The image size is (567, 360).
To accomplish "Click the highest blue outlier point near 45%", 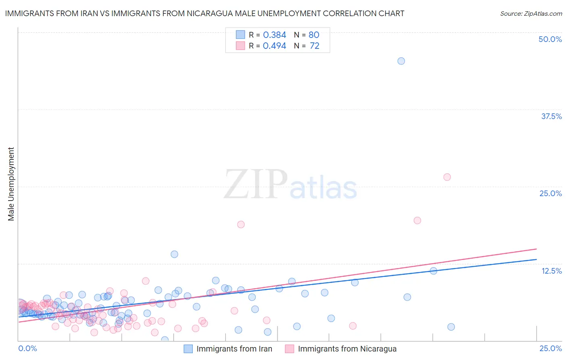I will (x=401, y=61).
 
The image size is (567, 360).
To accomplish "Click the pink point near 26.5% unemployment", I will (x=447, y=177).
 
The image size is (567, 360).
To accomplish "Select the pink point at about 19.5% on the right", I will (x=417, y=220).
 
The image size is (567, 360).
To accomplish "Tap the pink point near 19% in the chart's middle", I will (x=241, y=224).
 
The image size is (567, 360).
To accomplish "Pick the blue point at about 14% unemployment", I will (x=174, y=254).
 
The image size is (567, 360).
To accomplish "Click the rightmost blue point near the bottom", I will (x=451, y=327).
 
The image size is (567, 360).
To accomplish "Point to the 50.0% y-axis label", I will (x=550, y=39).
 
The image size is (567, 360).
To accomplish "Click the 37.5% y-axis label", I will (x=551, y=116).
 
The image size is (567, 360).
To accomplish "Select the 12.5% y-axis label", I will (x=551, y=271).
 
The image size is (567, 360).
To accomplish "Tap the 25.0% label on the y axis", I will (x=550, y=193).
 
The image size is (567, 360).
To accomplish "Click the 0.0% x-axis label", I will (x=28, y=348).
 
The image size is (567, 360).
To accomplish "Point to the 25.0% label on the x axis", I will (x=550, y=348).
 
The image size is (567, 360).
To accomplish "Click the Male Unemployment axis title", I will (x=11, y=184).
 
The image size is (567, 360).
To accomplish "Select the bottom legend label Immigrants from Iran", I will (x=234, y=349).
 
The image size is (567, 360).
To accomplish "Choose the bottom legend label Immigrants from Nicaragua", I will (x=347, y=349).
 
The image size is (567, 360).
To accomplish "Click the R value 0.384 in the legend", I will (x=274, y=35).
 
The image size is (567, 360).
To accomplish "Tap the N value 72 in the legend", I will (x=315, y=46).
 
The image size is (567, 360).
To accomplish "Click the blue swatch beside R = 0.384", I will (x=240, y=35).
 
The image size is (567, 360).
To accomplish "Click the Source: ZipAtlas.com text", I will (x=531, y=13).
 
